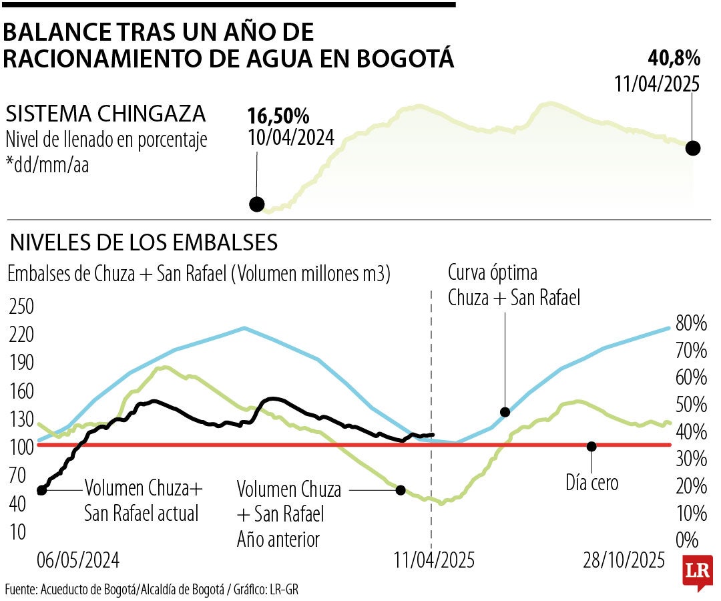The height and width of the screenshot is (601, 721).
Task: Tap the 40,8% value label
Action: click(x=674, y=58)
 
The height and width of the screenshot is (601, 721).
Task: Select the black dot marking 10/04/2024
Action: click(x=256, y=204)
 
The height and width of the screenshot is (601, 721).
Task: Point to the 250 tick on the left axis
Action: click(x=21, y=307)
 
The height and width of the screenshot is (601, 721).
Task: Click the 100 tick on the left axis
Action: click(x=21, y=447)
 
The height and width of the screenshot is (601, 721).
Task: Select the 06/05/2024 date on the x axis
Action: click(x=78, y=560)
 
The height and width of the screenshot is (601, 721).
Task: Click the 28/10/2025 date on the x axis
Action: click(x=624, y=560)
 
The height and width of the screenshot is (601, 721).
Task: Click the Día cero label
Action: click(x=591, y=481)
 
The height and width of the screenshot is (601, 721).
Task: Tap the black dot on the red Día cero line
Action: click(x=591, y=446)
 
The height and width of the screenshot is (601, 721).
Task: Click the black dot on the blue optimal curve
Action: click(x=505, y=412)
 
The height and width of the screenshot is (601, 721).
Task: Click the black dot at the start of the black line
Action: click(x=41, y=489)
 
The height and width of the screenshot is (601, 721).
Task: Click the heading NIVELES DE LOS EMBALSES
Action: click(x=143, y=242)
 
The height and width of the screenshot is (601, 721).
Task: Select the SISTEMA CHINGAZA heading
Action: click(x=105, y=113)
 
